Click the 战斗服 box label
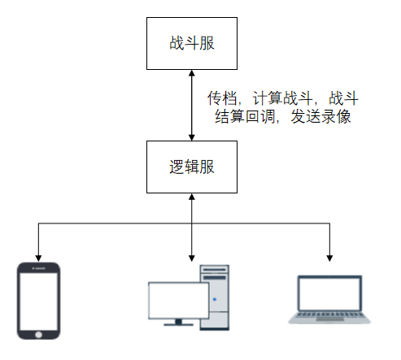(192, 43)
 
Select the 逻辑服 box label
(192, 167)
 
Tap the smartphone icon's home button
(38, 335)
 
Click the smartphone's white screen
(38, 301)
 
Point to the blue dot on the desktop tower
(215, 299)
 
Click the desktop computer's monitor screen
(179, 301)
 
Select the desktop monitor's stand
(178, 323)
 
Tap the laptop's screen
(329, 294)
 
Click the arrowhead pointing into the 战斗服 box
(192, 73)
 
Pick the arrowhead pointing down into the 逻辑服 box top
(192, 137)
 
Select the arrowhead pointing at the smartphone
(38, 258)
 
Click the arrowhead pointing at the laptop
(329, 258)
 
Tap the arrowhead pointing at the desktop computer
(192, 258)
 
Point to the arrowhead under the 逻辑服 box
(192, 197)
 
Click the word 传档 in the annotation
(222, 98)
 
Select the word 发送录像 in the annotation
(320, 116)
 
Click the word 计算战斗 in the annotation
(282, 98)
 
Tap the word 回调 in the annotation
(260, 116)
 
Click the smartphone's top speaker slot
(39, 268)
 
